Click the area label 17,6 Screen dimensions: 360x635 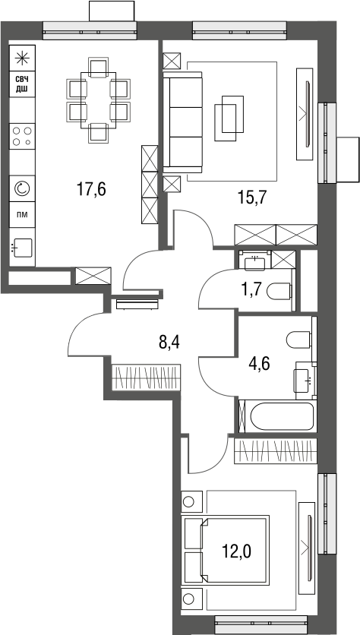tap(91, 188)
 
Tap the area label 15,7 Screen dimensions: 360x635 tap(251, 198)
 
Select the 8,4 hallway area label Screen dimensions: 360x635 tap(169, 343)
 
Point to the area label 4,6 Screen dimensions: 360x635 tap(259, 363)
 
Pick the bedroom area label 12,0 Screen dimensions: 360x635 tap(236, 551)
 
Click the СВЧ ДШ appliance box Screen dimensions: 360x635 tap(22, 84)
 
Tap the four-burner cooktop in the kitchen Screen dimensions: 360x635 tap(22, 136)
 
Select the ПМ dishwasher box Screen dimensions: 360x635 tap(22, 214)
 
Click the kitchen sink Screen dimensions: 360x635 tap(22, 247)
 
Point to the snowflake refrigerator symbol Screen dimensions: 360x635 tap(22, 58)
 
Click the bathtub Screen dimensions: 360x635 tap(282, 416)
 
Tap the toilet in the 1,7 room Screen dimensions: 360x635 tap(280, 291)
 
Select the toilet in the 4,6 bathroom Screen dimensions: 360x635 tap(298, 340)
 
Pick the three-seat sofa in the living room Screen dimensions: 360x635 tap(182, 122)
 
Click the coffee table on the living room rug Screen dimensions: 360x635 tap(229, 118)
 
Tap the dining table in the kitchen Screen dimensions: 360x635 tap(99, 100)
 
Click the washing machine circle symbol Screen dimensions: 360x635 tap(22, 188)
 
